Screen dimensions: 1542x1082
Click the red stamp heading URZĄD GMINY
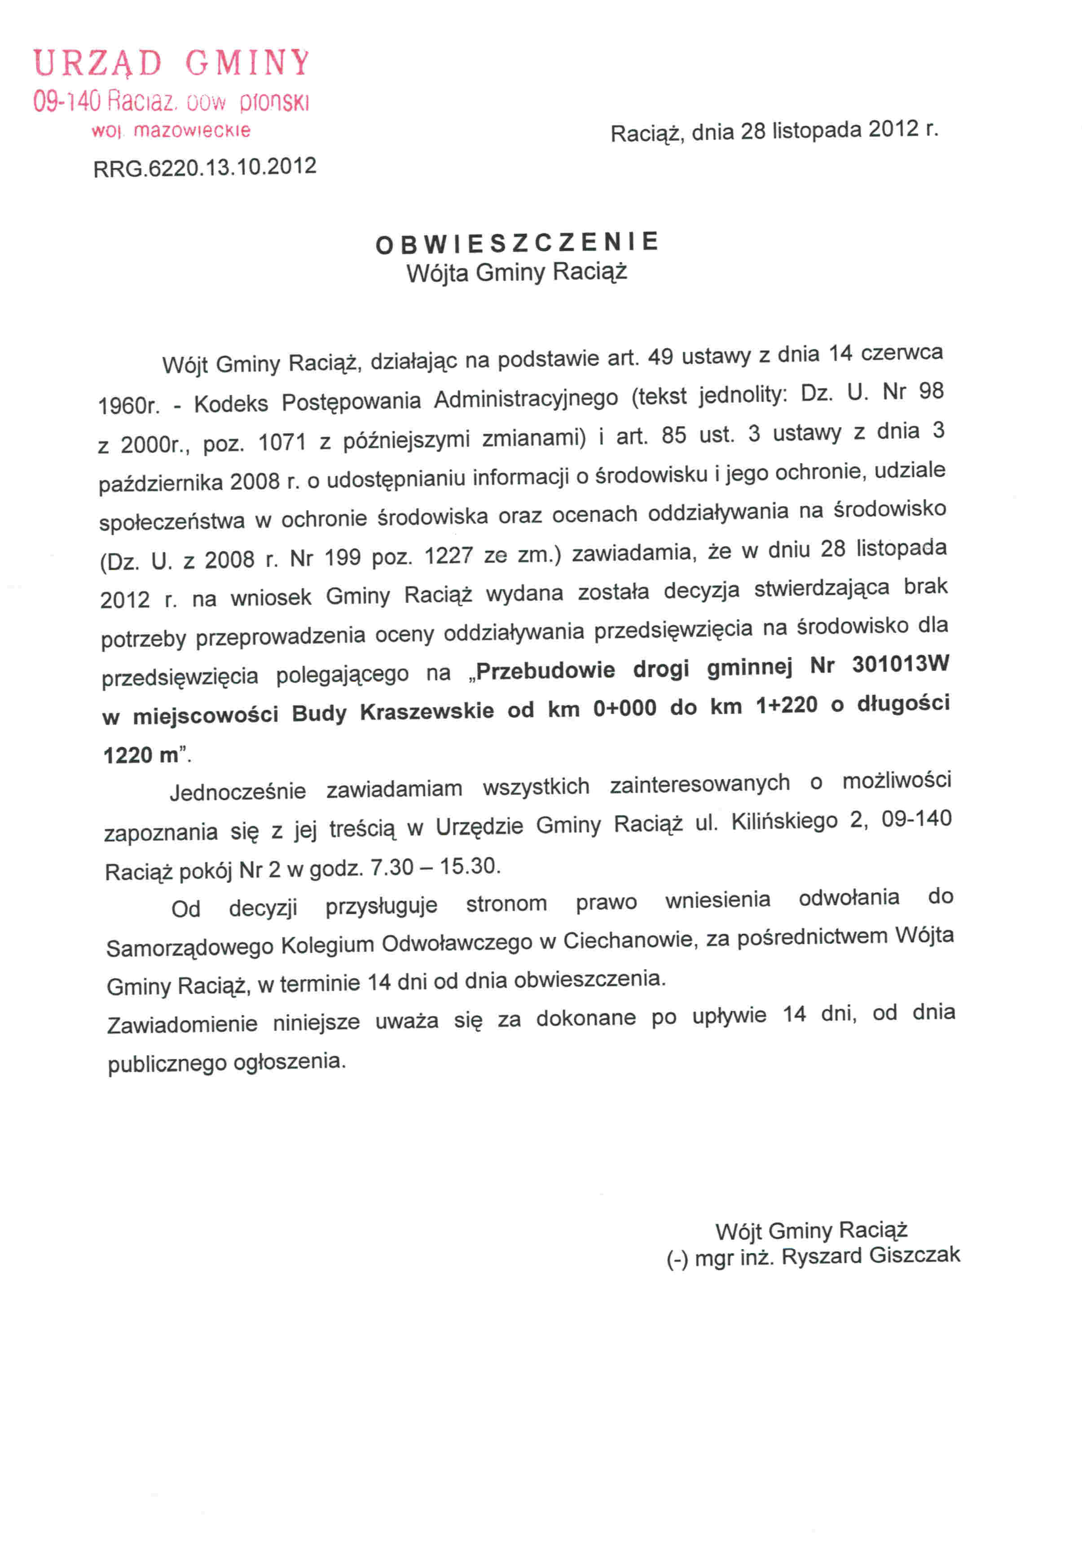point(172,63)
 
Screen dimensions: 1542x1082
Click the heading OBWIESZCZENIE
point(517,243)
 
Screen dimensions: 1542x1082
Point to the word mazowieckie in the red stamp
point(192,130)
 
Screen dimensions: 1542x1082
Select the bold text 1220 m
point(141,755)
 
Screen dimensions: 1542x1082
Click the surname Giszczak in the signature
point(914,1254)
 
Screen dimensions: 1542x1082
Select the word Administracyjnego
point(526,398)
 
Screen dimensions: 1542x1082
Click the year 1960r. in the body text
point(128,405)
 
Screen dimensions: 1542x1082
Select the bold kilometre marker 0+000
point(625,708)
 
